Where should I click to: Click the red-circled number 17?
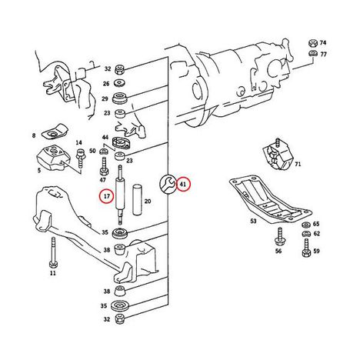tap(107, 196)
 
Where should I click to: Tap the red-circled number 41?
tap(183, 184)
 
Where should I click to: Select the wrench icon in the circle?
tap(167, 184)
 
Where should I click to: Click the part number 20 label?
tap(148, 202)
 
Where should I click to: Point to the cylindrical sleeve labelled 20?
tap(137, 200)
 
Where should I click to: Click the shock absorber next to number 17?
tap(120, 195)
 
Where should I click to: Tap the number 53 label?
tap(253, 221)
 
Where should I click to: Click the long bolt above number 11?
tap(53, 252)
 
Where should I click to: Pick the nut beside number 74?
tap(312, 43)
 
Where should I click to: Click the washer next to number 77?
tap(312, 54)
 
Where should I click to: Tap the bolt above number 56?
tap(278, 237)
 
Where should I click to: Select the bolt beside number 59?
tap(306, 248)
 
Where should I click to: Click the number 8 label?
tap(34, 135)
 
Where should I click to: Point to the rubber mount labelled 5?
tap(54, 158)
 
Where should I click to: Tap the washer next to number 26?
tap(119, 83)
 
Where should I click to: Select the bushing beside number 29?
tap(119, 98)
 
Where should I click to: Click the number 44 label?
tap(105, 137)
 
